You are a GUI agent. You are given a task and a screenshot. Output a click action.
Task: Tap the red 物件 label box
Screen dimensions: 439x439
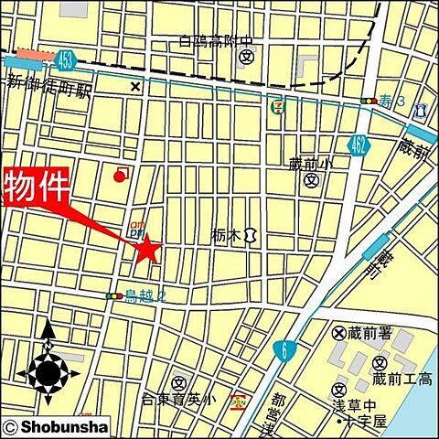pyautogui.click(x=37, y=187)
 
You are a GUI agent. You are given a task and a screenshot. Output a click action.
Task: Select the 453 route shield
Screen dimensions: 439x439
pyautogui.click(x=63, y=63)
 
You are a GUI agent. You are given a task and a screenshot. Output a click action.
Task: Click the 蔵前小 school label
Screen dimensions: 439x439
pyautogui.click(x=311, y=164)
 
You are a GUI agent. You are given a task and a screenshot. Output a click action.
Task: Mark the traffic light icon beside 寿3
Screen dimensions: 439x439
pyautogui.click(x=369, y=100)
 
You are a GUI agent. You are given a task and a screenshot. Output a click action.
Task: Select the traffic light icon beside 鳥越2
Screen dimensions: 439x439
pyautogui.click(x=114, y=295)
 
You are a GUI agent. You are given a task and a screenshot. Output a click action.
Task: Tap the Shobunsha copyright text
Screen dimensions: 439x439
pyautogui.click(x=57, y=427)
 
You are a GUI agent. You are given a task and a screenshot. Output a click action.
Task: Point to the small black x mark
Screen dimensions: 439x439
pyautogui.click(x=135, y=87)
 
